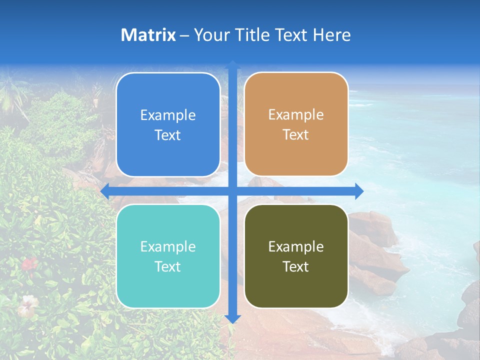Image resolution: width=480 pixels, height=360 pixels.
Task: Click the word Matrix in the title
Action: pos(148,35)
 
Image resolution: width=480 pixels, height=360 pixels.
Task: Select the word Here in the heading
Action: pos(331,35)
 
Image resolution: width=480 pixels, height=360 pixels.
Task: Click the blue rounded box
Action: pos(168,124)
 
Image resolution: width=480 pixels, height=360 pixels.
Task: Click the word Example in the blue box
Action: pos(168,115)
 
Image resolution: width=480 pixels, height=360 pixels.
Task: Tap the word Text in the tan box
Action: pos(296,135)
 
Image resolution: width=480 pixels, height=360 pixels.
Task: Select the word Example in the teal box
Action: pos(168,247)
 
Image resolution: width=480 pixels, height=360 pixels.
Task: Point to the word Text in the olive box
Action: pos(296,267)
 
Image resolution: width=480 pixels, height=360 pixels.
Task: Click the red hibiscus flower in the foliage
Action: pos(29,263)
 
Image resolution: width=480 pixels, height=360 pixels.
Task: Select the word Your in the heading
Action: pos(210,35)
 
